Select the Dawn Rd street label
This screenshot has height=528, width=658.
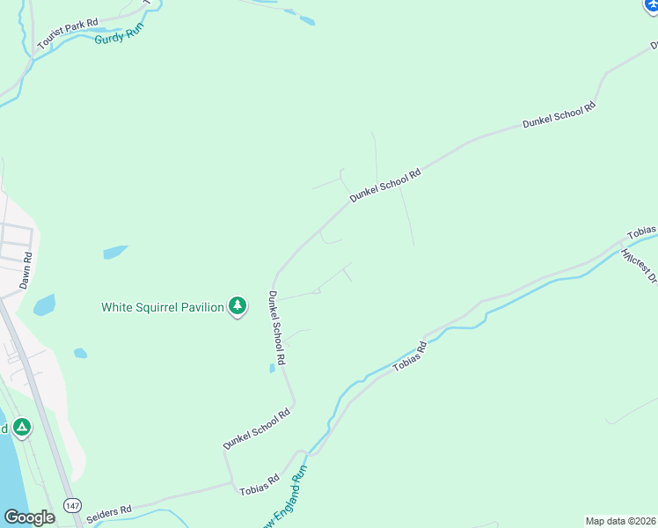coord(26,271)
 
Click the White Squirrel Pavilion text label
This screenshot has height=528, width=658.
coord(163,307)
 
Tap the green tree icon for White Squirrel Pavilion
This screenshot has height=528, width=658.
coord(237,306)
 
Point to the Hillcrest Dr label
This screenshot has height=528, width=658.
coord(639,267)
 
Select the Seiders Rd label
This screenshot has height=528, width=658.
coord(111,510)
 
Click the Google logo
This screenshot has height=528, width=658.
coord(29,517)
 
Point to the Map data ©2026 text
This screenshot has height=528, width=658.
coord(620,521)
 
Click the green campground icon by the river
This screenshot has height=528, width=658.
coord(21,429)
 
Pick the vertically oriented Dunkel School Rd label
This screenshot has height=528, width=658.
coord(278,328)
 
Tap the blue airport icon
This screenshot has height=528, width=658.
coord(651,4)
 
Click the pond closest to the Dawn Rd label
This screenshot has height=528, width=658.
coord(44,305)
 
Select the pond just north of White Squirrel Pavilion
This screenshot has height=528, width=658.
coord(115,252)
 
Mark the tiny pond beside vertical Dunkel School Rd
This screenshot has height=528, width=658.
coord(273,369)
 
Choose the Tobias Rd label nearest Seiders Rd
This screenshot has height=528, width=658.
coord(260,485)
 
